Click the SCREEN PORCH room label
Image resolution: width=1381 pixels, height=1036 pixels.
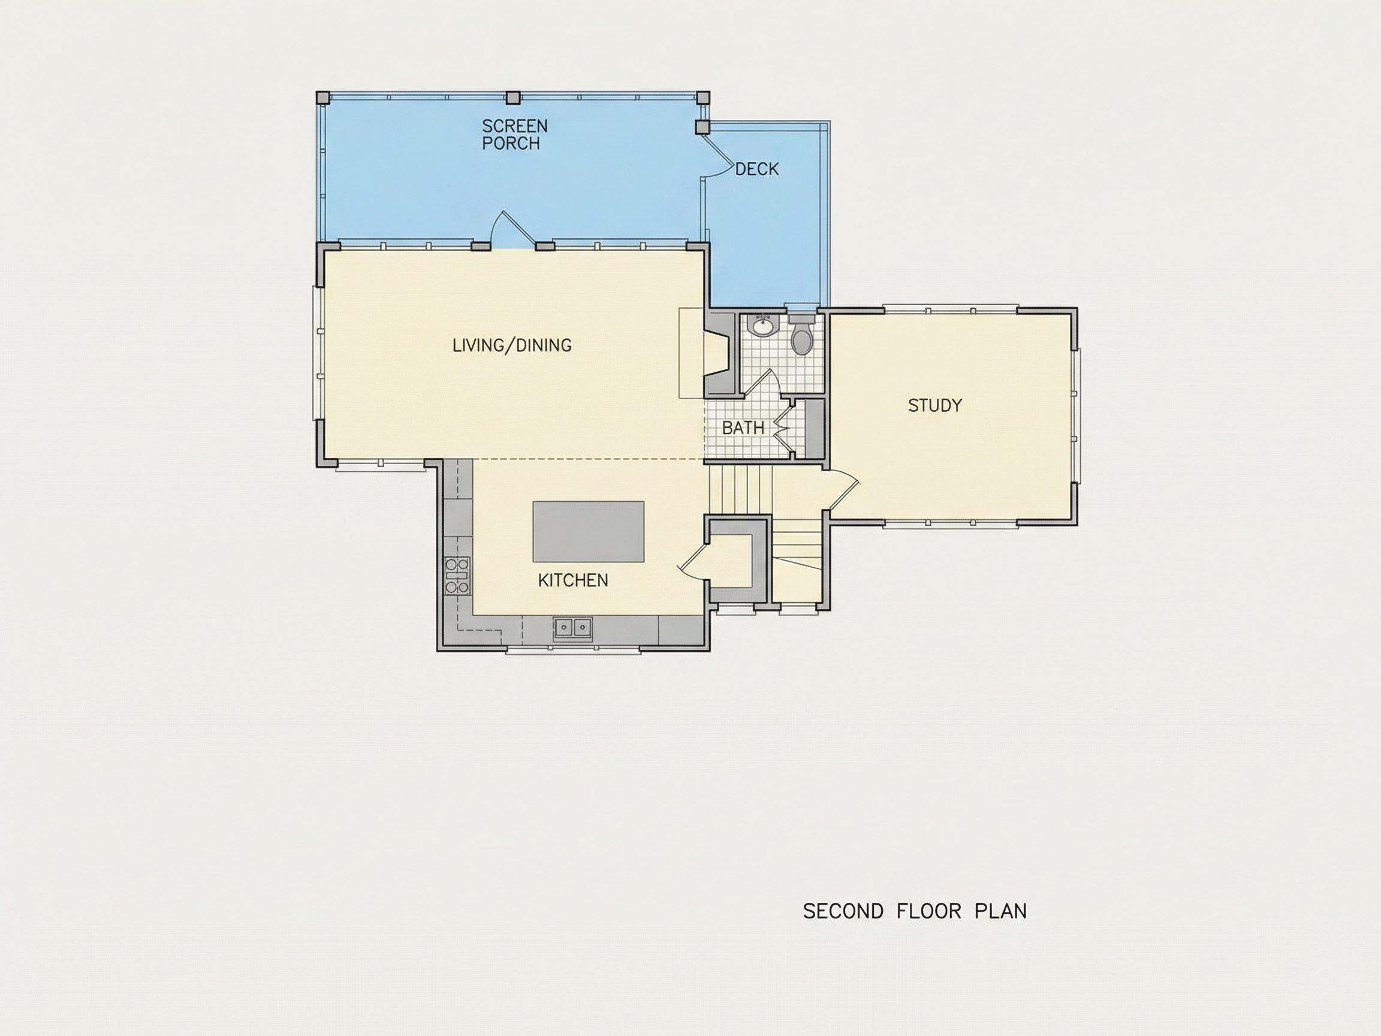pos(514,134)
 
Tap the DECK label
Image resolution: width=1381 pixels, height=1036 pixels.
pos(756,169)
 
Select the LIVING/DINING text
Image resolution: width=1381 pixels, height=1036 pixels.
pos(512,345)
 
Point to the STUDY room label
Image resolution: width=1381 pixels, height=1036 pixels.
pos(934,405)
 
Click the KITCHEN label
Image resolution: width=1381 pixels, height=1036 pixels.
pos(573,580)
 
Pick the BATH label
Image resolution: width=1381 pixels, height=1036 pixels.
pos(743,427)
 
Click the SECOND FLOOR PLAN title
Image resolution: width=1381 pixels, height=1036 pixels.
pos(915,911)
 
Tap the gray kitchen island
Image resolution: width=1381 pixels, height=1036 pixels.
pos(588,531)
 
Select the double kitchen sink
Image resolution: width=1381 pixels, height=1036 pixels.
pos(572,627)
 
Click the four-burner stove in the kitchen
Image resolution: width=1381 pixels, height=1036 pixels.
pos(457,575)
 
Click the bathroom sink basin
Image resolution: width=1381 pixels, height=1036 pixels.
pos(762,326)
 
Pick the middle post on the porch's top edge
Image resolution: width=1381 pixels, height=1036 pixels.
pos(512,97)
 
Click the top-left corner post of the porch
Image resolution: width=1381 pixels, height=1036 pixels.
pos(323,97)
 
